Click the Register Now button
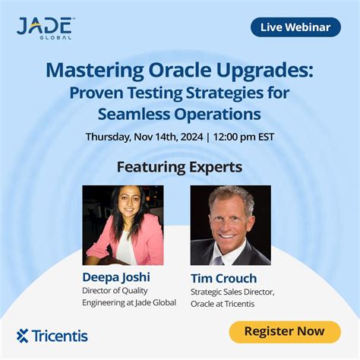click(285, 332)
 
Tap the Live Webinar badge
click(295, 27)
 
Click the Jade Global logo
click(44, 28)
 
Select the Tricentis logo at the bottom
click(52, 336)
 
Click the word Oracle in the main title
click(179, 70)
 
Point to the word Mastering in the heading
click(95, 71)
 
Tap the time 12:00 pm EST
click(244, 137)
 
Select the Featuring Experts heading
click(179, 167)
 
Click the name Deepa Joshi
click(116, 277)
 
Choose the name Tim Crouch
click(224, 278)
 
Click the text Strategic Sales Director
click(232, 292)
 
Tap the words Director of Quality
click(115, 291)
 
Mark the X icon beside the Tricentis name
click(22, 336)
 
